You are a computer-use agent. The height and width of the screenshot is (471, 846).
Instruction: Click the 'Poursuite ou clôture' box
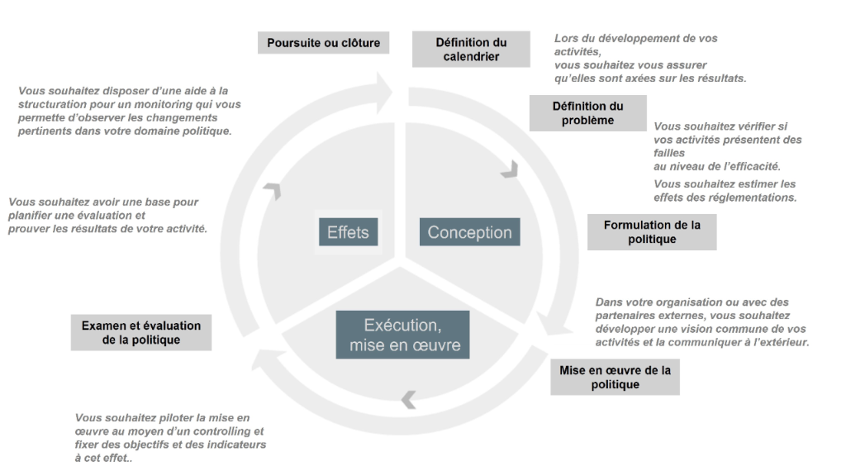coord(323,43)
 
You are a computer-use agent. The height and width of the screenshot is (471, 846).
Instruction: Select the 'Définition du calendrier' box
coord(471,49)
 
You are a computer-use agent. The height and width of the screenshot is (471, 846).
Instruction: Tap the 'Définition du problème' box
coord(587,113)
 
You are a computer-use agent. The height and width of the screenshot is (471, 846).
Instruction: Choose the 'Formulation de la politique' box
coord(652,232)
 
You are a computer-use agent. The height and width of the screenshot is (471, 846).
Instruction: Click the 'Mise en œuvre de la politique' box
coord(615,377)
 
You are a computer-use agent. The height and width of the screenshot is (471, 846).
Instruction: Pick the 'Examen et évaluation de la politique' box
coord(141,332)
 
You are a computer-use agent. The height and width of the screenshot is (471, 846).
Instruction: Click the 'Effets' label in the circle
coord(348,232)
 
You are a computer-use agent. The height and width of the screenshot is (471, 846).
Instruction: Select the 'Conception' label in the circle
coord(470,232)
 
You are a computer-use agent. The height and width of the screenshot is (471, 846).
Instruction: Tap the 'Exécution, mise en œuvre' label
coord(403,335)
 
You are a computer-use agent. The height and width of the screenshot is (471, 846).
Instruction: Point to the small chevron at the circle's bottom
coord(408,400)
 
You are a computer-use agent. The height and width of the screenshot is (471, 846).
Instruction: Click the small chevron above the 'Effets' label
coord(274,190)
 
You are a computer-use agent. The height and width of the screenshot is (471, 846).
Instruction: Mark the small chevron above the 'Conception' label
coord(511,169)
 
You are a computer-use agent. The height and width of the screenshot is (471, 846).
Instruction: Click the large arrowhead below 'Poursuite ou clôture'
coord(384,93)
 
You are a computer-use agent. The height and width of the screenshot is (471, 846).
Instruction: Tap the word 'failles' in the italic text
coord(669,153)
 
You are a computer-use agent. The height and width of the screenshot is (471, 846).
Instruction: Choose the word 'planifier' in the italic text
coord(29,216)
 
